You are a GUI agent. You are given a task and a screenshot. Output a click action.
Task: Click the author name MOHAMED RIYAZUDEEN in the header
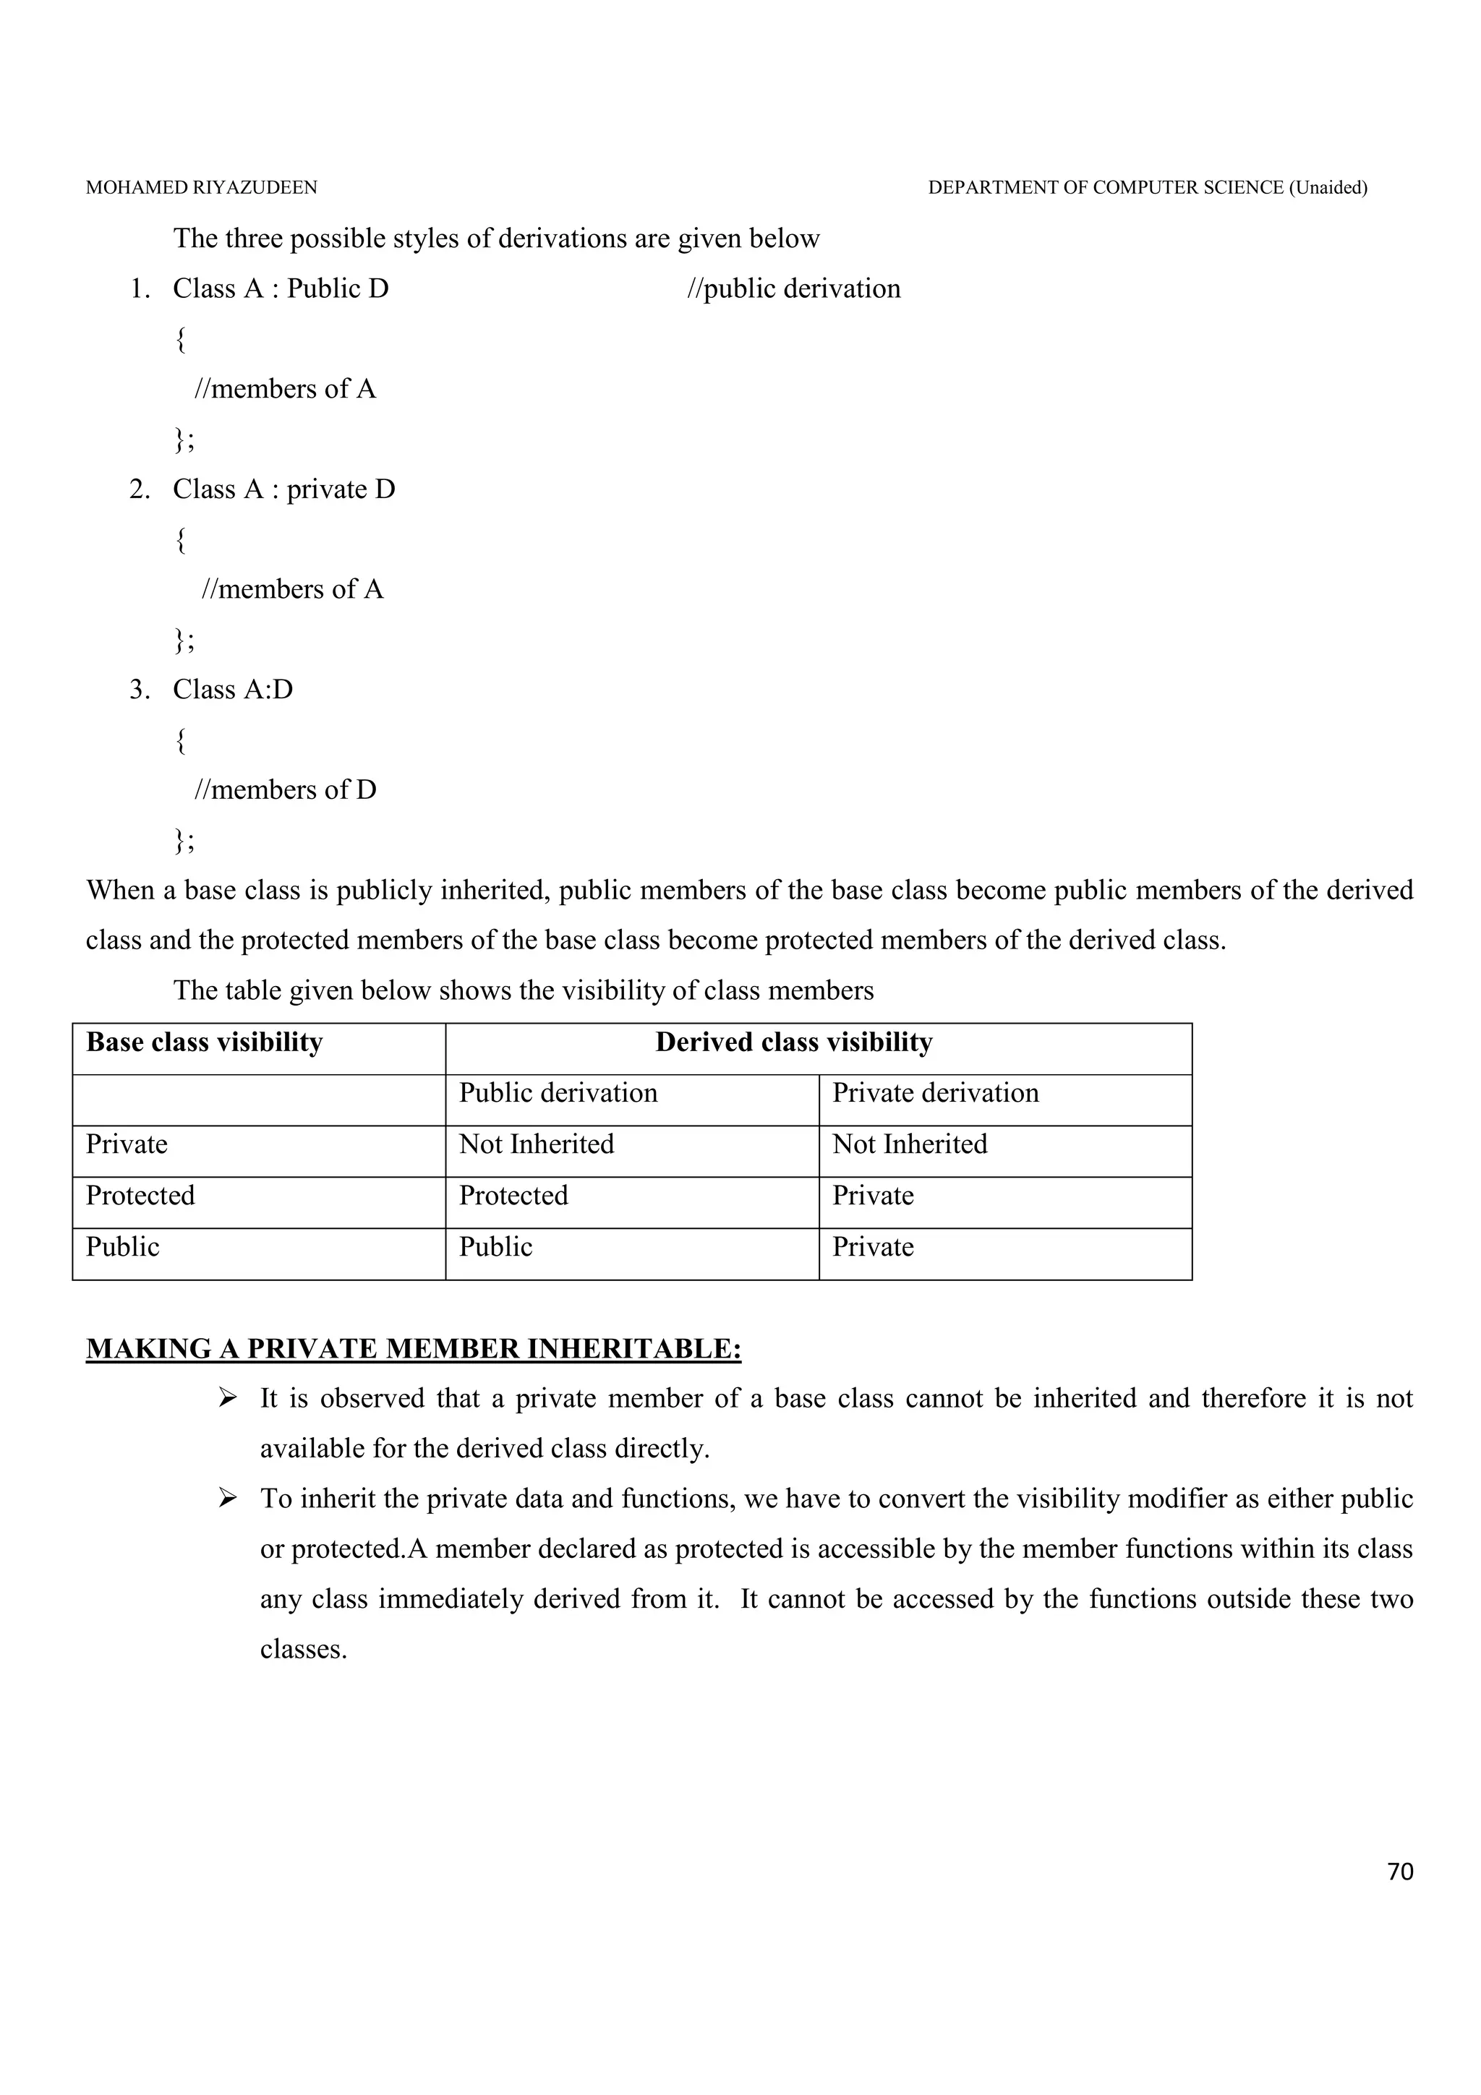[202, 188]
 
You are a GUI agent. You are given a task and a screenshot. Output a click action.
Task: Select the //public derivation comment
[793, 289]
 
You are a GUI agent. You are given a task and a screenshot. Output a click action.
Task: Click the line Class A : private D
[283, 490]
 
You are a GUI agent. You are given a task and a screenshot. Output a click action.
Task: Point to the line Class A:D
[233, 690]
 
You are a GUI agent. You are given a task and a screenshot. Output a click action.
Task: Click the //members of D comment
[285, 790]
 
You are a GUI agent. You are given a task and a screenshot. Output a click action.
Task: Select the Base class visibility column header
[205, 1043]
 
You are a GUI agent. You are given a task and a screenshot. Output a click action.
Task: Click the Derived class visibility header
[794, 1043]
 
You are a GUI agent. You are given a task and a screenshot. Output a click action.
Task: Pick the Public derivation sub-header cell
[558, 1094]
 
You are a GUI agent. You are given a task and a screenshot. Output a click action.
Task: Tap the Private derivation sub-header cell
[935, 1094]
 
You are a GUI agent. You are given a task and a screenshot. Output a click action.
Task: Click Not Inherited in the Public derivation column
[537, 1145]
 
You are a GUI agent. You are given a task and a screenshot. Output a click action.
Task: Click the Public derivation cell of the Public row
[495, 1247]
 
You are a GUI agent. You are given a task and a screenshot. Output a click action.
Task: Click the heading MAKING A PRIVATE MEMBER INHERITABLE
[414, 1350]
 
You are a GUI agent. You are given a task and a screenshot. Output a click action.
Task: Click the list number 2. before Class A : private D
[139, 490]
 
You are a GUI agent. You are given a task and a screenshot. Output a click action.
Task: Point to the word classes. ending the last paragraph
[303, 1650]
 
